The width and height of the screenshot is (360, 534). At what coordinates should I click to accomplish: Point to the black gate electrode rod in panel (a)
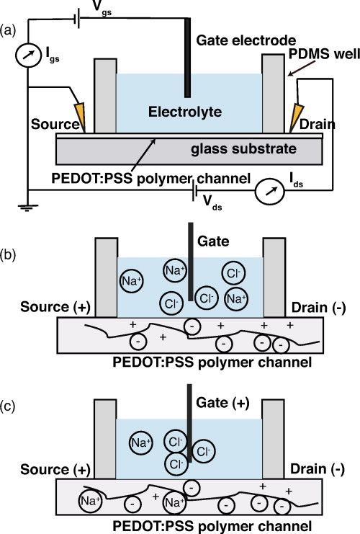[187, 58]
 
